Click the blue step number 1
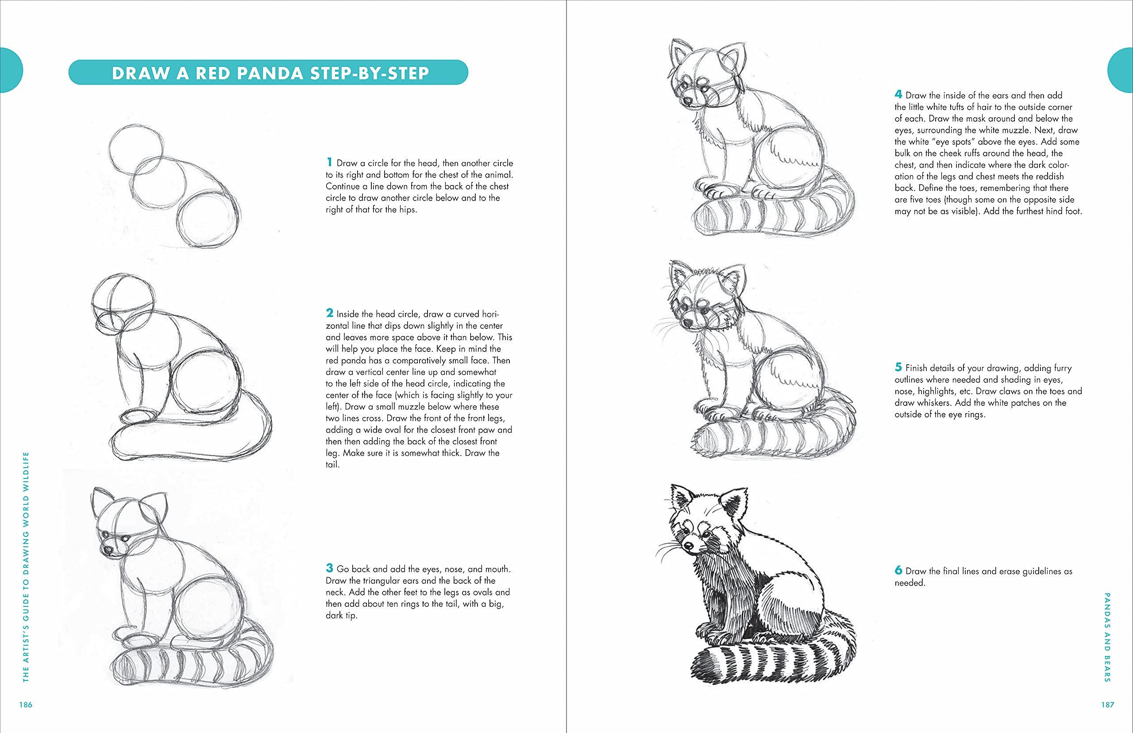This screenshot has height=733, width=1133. [x=329, y=162]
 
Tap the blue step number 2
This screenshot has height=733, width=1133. [x=329, y=312]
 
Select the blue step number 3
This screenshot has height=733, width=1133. [x=329, y=568]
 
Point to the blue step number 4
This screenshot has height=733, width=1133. [x=898, y=94]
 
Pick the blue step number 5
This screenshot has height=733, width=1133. [x=898, y=366]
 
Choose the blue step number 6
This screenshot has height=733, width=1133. [x=898, y=570]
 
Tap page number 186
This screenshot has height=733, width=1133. [x=26, y=704]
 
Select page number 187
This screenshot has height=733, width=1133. [x=1107, y=704]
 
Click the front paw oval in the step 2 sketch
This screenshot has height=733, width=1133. [x=138, y=417]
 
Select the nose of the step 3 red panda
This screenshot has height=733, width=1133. [x=108, y=551]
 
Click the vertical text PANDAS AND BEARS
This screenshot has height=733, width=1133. [x=1107, y=637]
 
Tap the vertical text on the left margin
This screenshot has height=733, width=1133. [x=26, y=567]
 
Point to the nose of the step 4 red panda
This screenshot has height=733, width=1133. [x=688, y=101]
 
